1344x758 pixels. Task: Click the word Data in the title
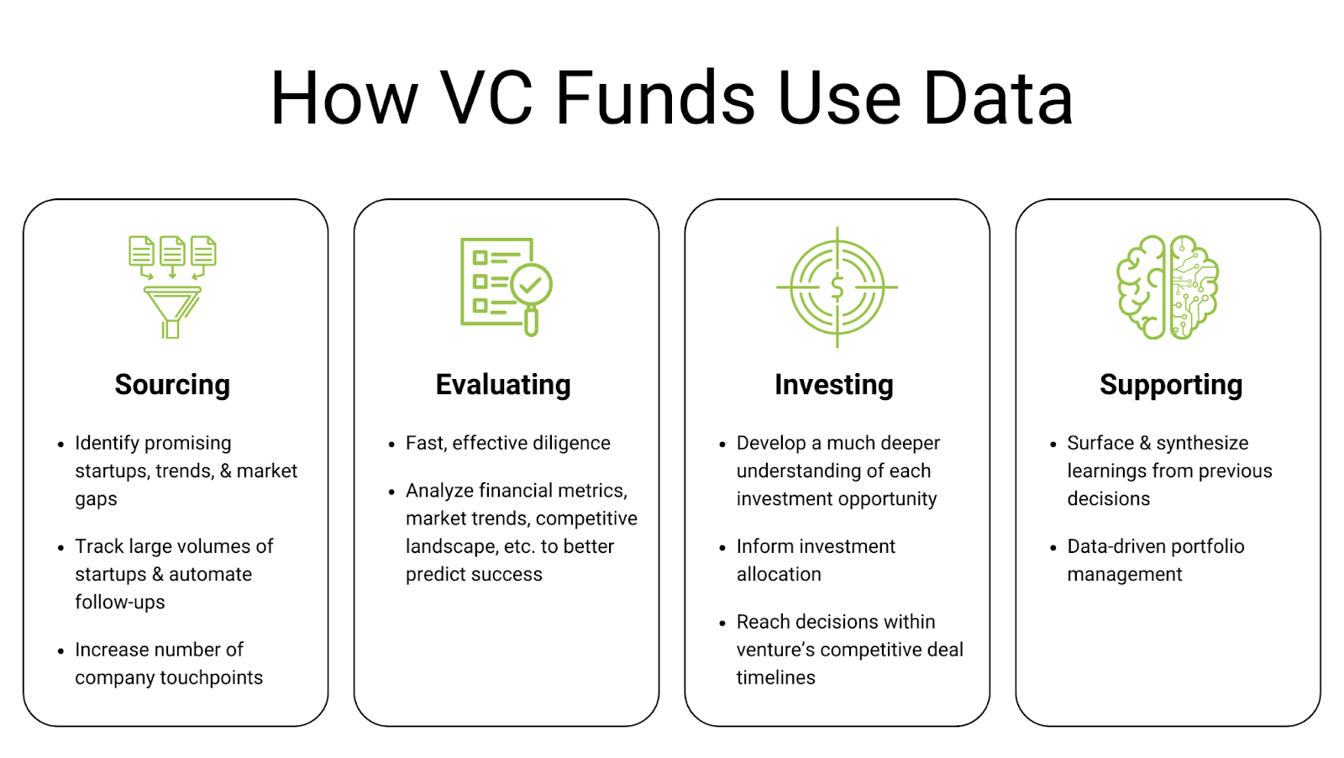(x=998, y=98)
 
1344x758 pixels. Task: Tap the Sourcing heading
(x=172, y=385)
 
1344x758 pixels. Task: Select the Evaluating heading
(x=503, y=385)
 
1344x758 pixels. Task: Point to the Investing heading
(x=834, y=385)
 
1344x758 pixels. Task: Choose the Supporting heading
(x=1171, y=385)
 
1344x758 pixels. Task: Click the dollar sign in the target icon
(x=837, y=287)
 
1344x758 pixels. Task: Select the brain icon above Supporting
(x=1168, y=287)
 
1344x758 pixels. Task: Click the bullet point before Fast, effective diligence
(x=391, y=445)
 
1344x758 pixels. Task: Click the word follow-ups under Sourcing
(x=120, y=602)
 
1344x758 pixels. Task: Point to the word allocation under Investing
(x=779, y=574)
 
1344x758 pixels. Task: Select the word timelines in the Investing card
(x=776, y=677)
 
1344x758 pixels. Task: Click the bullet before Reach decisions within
(x=722, y=624)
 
